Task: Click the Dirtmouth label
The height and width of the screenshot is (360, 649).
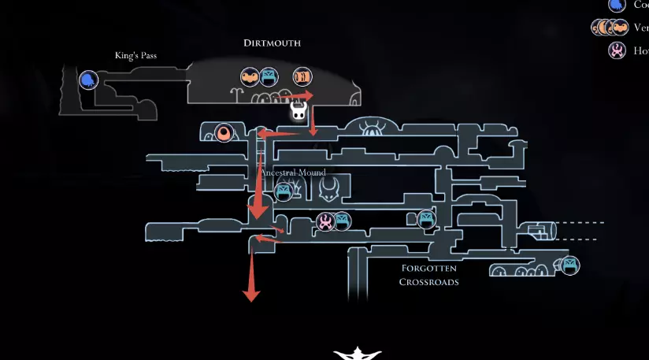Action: coord(272,43)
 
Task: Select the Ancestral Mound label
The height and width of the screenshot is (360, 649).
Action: coord(292,173)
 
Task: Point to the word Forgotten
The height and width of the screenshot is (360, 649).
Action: coord(428,269)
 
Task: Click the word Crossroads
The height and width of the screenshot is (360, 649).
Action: coord(429,281)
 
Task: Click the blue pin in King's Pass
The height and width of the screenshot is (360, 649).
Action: coord(88,80)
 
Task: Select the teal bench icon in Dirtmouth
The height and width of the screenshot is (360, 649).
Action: coord(270,77)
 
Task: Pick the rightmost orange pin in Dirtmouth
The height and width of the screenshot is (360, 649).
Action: coord(302,77)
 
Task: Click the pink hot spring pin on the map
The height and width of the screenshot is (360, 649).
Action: coord(325,222)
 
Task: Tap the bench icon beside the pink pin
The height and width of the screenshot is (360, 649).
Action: coord(341,221)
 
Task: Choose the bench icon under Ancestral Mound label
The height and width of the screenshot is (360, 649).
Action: coord(284,191)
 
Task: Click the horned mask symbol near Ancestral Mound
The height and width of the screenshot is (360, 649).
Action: coord(329,187)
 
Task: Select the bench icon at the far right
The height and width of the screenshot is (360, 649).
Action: coord(569,265)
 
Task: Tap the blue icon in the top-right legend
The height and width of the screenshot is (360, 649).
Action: coord(617,5)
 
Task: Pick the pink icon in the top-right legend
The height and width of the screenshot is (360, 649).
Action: coord(617,50)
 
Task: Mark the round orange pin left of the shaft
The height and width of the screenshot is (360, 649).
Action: coord(224,133)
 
